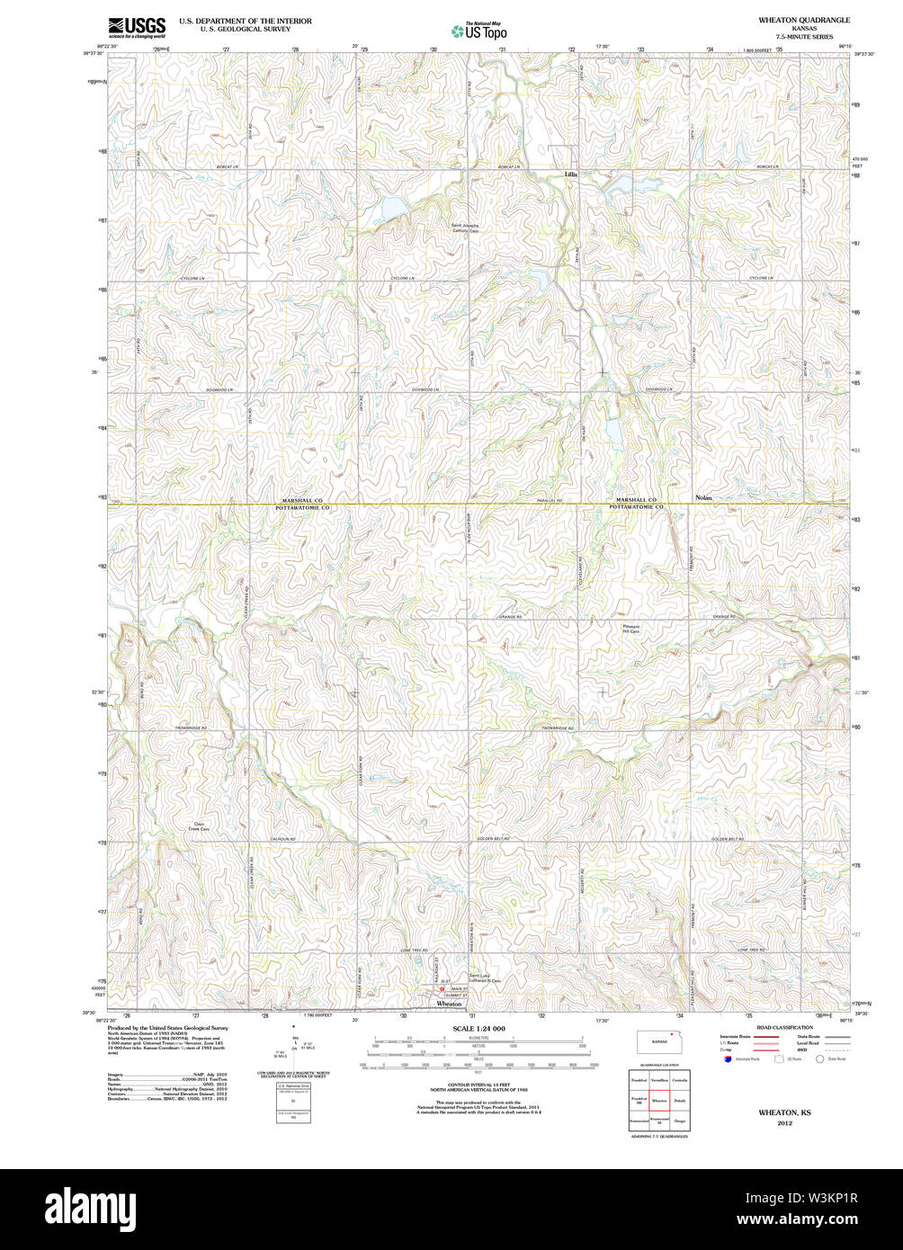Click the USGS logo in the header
coord(136,28)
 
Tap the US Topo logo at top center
coord(478,29)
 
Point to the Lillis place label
coord(570,174)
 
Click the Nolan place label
coord(704,496)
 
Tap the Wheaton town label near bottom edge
coord(449,1004)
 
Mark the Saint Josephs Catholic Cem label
coord(465,228)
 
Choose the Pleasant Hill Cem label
coord(631,629)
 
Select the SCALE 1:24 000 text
coord(478,1028)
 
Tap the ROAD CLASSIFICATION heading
coord(784,1027)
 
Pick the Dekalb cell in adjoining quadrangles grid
coord(679,1100)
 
